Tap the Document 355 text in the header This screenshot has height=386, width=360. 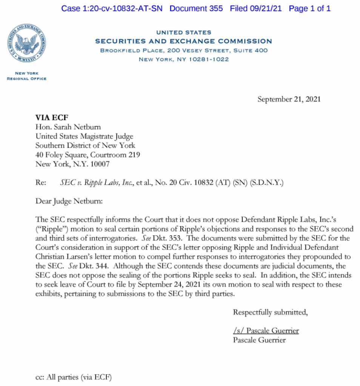tap(196, 8)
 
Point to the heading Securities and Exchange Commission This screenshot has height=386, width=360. tap(183, 41)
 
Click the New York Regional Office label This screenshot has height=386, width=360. tap(27, 76)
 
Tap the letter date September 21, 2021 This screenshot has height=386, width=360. tap(289, 99)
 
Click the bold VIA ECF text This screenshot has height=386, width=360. tap(52, 118)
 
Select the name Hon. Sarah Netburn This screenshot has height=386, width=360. tap(68, 127)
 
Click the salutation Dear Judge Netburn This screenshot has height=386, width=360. tap(69, 201)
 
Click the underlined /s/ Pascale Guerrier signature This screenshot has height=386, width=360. tap(266, 331)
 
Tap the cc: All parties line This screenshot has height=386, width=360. tap(74, 377)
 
